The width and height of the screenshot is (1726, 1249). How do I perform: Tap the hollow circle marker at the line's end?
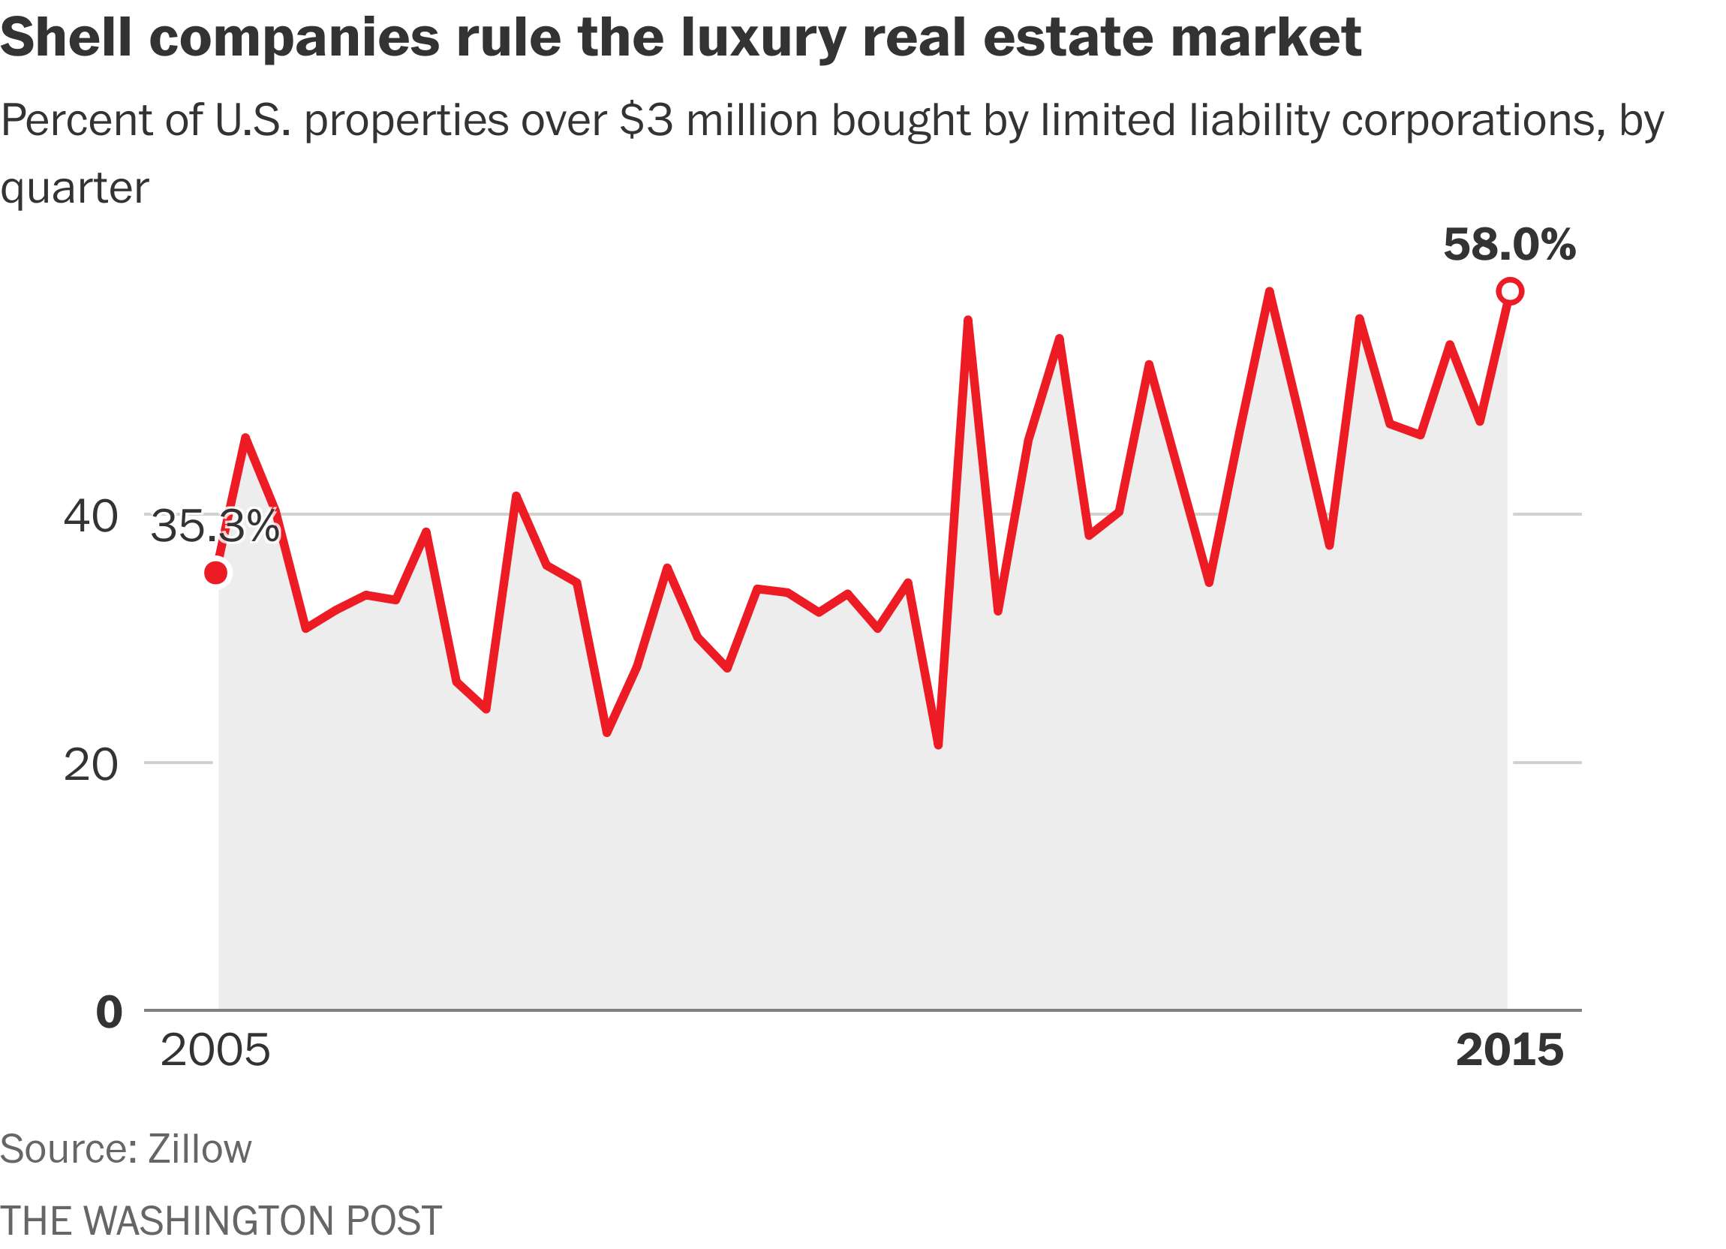[x=1510, y=291]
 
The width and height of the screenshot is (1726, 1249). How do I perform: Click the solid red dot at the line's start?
[x=216, y=573]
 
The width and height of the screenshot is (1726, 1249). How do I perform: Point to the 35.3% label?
[x=215, y=527]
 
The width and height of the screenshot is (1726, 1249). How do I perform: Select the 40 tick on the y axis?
[x=91, y=517]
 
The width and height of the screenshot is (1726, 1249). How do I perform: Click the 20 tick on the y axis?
[x=91, y=766]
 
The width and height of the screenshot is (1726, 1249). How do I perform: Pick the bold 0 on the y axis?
[x=109, y=1013]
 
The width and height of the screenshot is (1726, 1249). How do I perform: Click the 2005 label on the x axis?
[x=215, y=1051]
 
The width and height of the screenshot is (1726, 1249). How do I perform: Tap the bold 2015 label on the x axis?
[x=1509, y=1051]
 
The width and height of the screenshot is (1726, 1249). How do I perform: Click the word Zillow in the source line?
[x=200, y=1149]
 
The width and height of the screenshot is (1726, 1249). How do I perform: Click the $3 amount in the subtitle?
[x=645, y=120]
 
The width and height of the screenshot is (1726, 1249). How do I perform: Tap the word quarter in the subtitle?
[x=74, y=187]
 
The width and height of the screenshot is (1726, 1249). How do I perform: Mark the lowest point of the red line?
[x=937, y=745]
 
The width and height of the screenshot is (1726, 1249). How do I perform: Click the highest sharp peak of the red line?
[x=1270, y=291]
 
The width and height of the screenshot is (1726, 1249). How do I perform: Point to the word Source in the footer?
[x=63, y=1149]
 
